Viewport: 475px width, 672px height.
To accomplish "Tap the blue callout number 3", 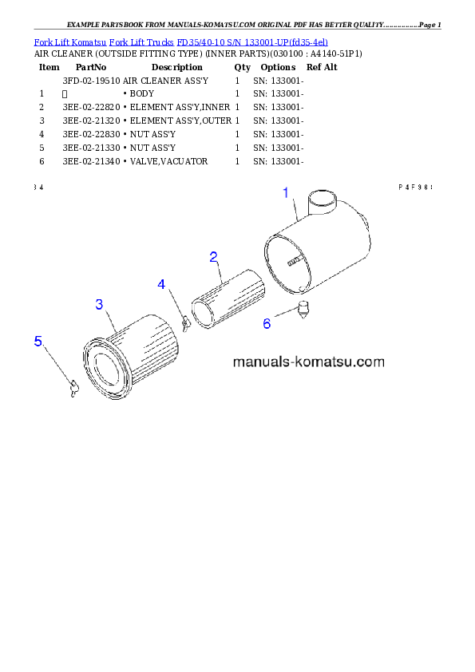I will point(99,304).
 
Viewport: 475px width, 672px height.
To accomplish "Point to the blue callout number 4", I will point(161,284).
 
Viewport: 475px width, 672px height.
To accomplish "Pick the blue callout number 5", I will point(38,341).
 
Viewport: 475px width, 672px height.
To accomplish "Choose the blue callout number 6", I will point(267,323).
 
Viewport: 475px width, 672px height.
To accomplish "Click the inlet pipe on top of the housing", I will point(323,201).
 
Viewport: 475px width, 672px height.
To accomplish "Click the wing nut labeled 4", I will point(185,322).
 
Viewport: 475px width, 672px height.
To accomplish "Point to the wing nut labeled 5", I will point(74,389).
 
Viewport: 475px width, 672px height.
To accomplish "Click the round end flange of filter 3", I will point(106,369).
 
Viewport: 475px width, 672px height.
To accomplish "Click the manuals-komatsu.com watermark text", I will point(308,362).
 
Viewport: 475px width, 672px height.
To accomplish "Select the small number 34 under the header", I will point(38,187).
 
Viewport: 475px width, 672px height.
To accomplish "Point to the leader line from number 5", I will point(56,365).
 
